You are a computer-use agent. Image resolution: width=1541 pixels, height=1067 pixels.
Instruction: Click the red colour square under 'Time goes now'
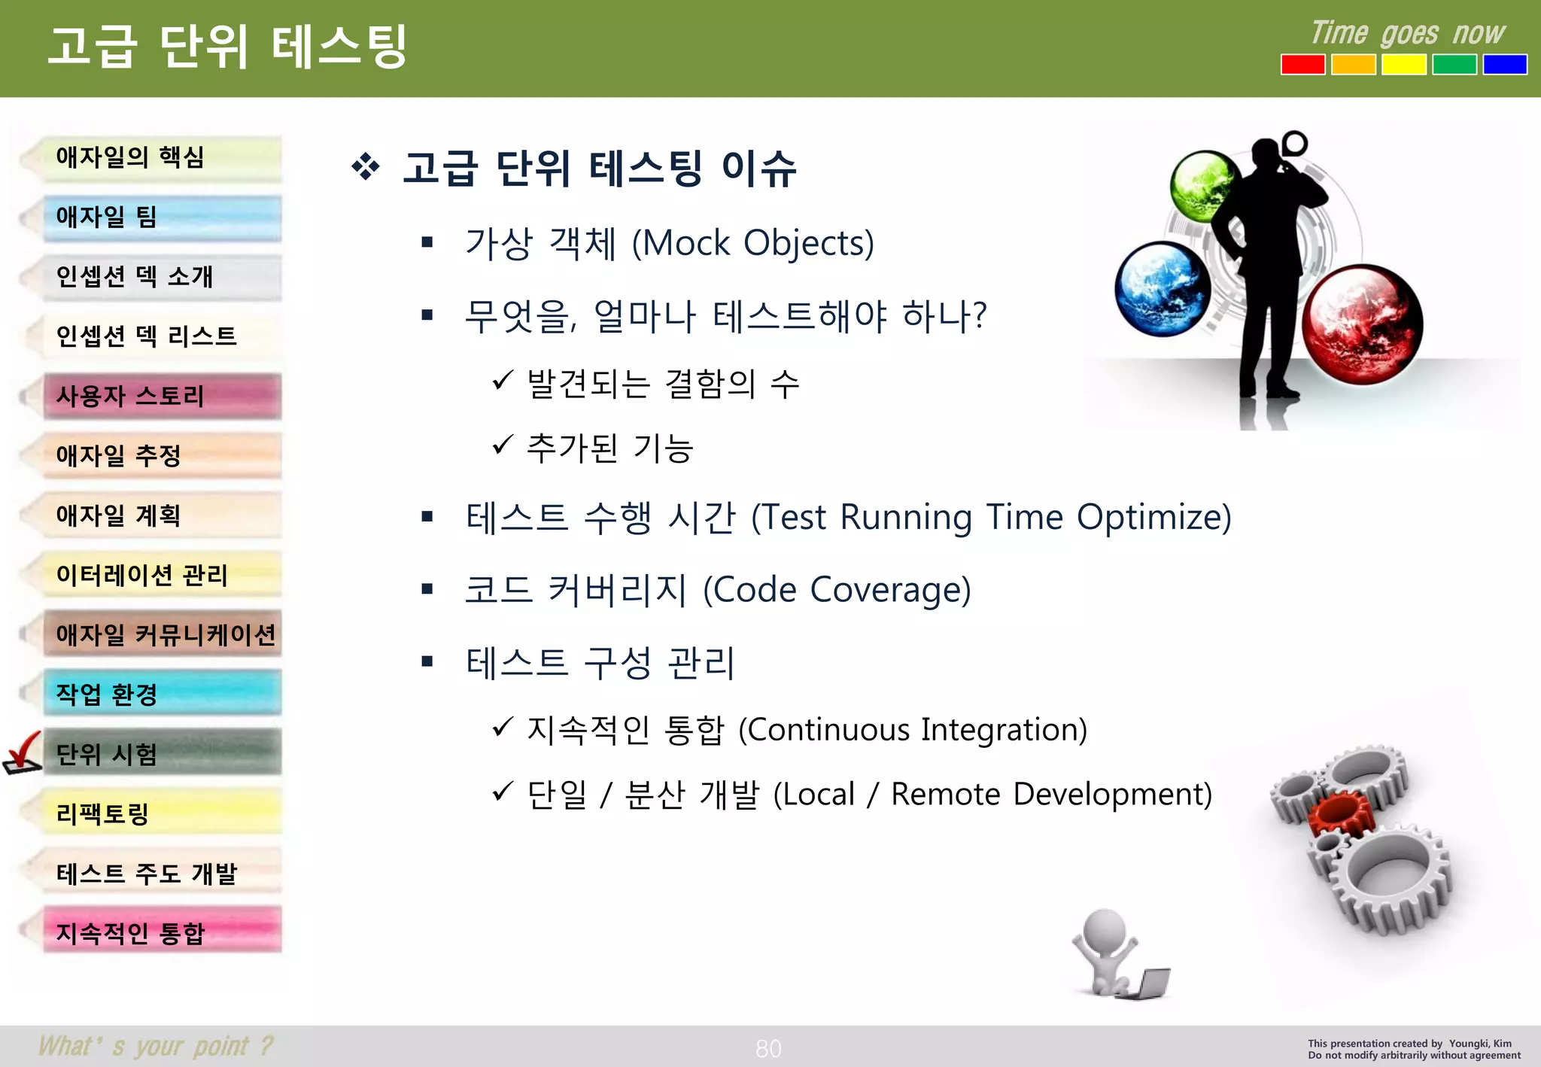coord(1302,65)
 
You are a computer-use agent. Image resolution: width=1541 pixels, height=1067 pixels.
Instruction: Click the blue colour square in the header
coord(1505,65)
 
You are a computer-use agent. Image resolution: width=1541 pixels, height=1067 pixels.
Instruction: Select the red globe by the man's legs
coord(1362,324)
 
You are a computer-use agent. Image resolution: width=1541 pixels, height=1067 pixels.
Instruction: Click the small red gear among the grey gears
coord(1340,816)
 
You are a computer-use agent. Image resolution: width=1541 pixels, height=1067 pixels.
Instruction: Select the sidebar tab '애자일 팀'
coord(162,217)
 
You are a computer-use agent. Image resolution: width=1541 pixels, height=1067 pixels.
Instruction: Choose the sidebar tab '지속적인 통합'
coord(162,933)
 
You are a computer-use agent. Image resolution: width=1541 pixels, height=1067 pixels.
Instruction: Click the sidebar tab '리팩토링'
coord(162,813)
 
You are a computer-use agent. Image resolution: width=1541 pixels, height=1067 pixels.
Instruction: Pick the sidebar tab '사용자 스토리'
coord(162,396)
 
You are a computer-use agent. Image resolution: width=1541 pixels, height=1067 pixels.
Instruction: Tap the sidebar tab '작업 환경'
coord(162,694)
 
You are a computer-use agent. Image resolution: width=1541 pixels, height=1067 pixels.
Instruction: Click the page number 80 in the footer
coord(768,1048)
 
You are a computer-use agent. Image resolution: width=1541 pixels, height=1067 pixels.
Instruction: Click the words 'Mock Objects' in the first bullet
coord(753,244)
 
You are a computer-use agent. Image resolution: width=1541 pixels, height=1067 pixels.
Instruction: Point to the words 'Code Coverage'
coord(837,590)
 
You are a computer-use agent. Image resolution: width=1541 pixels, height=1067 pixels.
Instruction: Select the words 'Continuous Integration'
coord(912,730)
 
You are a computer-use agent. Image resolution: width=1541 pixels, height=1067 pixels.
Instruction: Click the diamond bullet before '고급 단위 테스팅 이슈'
coord(366,166)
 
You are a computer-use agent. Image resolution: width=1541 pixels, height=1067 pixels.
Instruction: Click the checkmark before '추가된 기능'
coord(503,445)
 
